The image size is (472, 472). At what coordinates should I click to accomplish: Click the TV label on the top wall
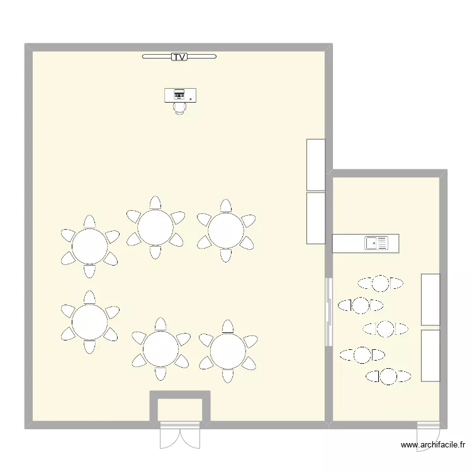click(179, 57)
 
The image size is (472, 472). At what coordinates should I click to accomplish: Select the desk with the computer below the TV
click(181, 94)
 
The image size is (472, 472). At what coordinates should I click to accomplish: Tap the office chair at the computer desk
click(181, 108)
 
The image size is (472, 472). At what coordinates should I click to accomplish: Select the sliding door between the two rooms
click(328, 312)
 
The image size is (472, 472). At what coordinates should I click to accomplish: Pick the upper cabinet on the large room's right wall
click(316, 164)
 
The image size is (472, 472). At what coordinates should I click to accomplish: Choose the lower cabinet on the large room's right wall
click(316, 218)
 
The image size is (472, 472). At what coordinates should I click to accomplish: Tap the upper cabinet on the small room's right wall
click(430, 300)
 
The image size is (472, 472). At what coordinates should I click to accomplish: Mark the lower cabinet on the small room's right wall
click(430, 356)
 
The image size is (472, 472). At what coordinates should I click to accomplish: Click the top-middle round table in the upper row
click(155, 227)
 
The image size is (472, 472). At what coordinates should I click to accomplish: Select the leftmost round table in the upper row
click(90, 246)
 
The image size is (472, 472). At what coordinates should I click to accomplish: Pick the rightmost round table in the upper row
click(226, 230)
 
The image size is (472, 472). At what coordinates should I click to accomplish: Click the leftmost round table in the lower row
click(90, 322)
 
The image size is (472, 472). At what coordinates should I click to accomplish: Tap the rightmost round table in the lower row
click(227, 351)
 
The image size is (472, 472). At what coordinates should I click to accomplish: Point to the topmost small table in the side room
click(380, 283)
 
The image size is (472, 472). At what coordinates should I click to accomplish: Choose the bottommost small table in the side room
click(388, 376)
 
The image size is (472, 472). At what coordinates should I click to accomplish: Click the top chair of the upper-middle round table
click(155, 203)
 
